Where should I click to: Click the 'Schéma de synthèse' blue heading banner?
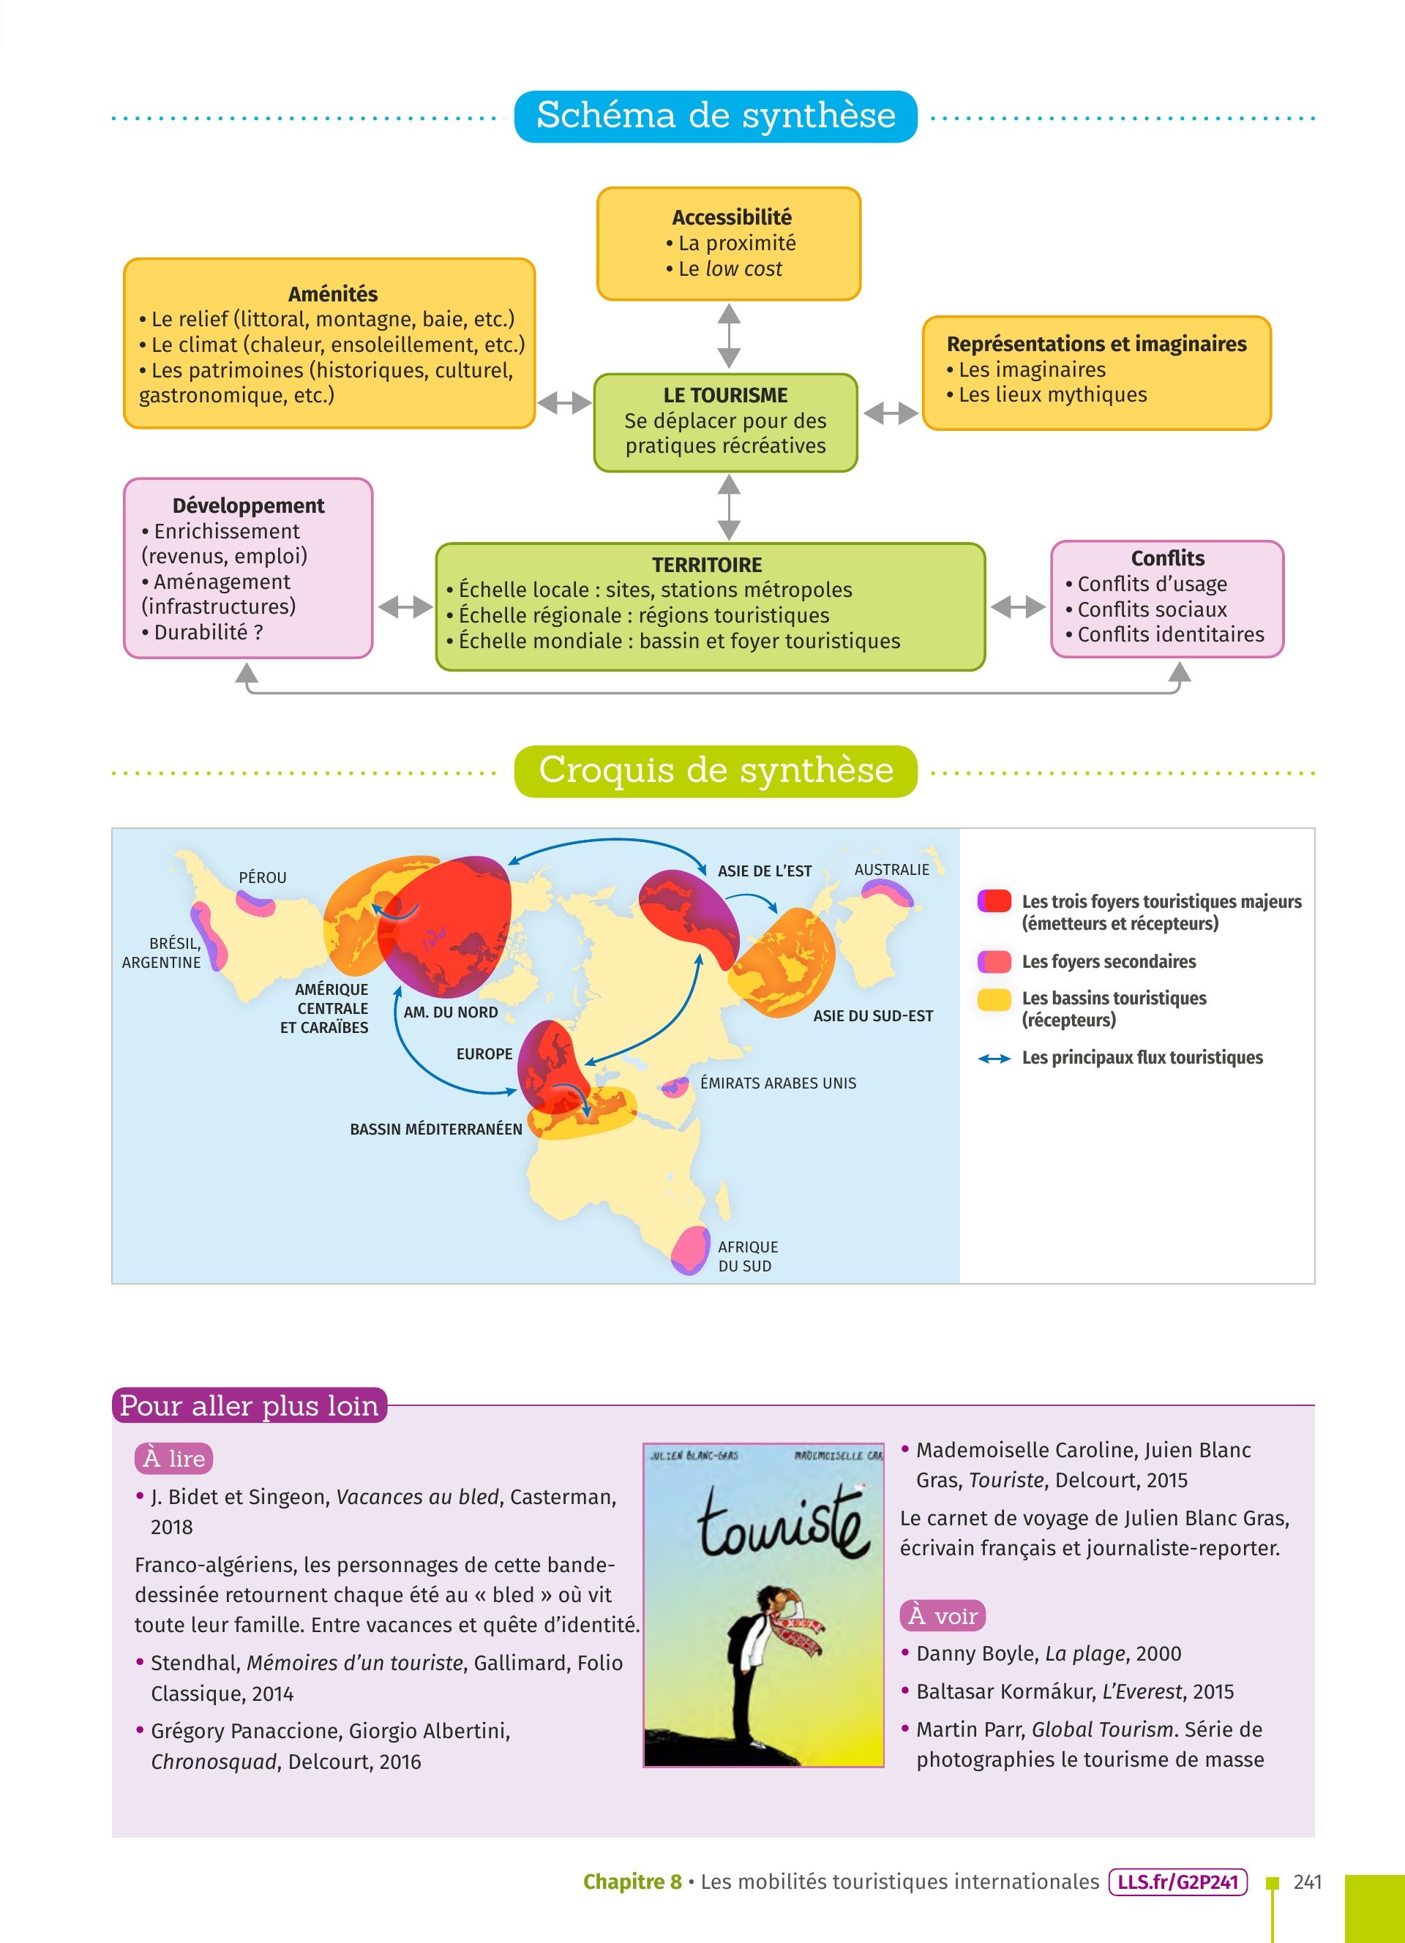tap(716, 116)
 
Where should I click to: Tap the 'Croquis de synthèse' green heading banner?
tap(716, 770)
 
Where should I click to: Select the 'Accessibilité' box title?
tap(731, 217)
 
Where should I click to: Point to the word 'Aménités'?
tap(332, 294)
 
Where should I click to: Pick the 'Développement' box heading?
tap(249, 506)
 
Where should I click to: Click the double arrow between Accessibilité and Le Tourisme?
tap(728, 336)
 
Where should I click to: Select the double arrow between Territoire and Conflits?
tap(1018, 606)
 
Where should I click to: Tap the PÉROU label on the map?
tap(262, 877)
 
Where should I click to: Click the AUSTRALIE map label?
tap(891, 870)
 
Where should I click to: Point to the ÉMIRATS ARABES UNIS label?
tap(778, 1083)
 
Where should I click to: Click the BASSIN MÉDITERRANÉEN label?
tap(435, 1129)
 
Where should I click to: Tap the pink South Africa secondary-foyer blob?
tap(689, 1250)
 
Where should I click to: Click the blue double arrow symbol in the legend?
tap(994, 1059)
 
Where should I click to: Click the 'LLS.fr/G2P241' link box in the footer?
tap(1177, 1882)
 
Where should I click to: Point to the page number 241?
tap(1308, 1882)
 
